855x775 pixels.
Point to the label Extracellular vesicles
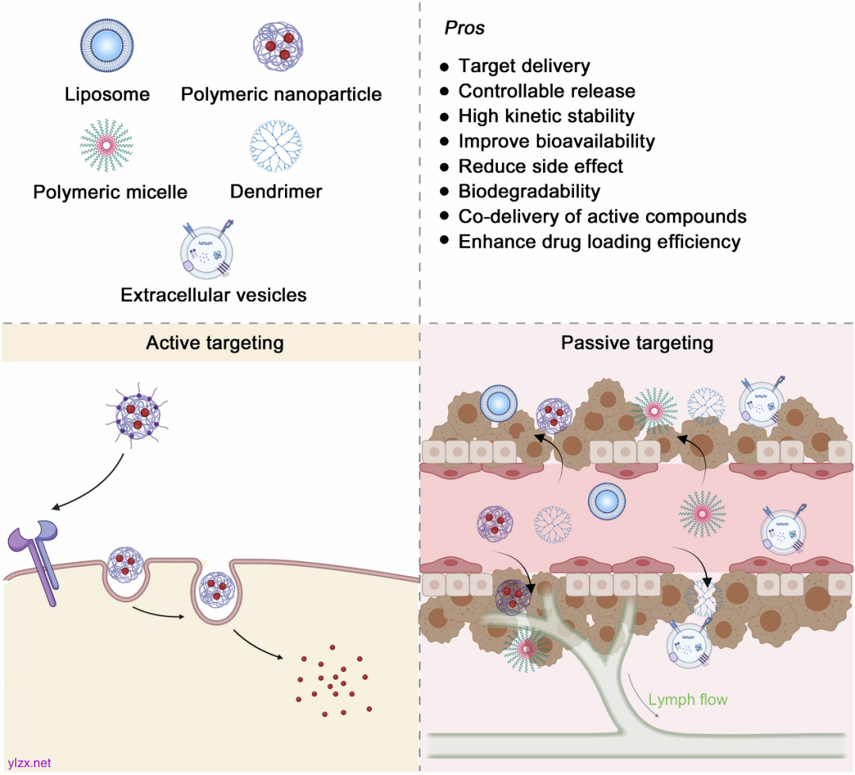(x=214, y=295)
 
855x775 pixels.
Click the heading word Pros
(x=465, y=29)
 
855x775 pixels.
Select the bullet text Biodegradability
(x=529, y=191)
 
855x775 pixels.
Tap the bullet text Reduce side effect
(x=541, y=166)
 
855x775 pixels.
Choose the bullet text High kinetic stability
(x=546, y=116)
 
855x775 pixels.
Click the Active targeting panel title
(x=215, y=342)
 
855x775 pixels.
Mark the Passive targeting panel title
(x=636, y=342)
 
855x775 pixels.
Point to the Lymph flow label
(x=687, y=700)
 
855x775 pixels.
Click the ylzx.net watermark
(x=28, y=762)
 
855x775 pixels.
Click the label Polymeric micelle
(x=110, y=192)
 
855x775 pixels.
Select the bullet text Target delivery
(x=524, y=67)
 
